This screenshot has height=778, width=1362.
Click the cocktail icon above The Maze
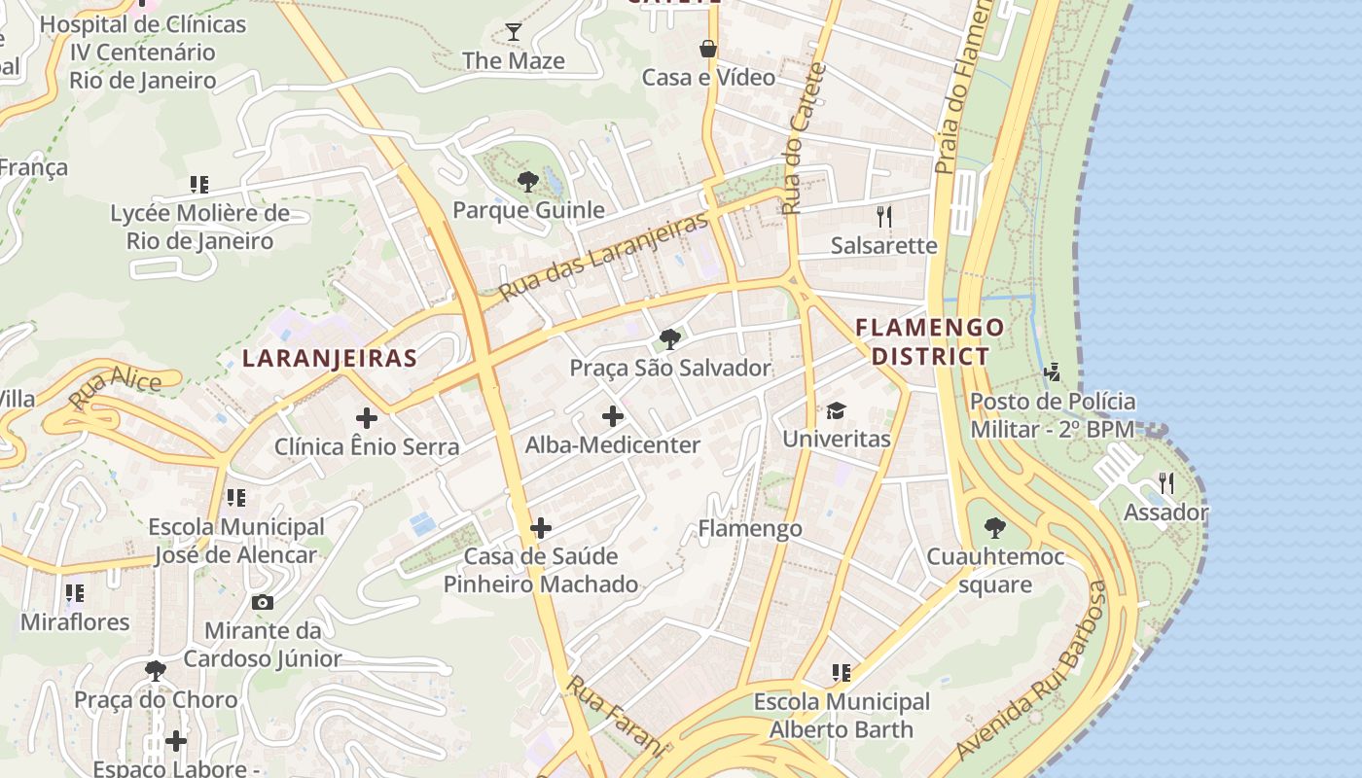[514, 32]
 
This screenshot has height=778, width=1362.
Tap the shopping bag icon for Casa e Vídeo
[708, 49]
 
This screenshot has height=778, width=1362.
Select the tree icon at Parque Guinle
[528, 181]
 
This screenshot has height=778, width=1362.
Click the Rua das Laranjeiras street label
[603, 257]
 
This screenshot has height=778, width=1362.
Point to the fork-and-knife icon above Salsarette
[883, 216]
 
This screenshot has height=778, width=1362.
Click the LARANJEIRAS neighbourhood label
[330, 358]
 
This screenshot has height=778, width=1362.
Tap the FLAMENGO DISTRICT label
[929, 341]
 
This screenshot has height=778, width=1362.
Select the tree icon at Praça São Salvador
[669, 339]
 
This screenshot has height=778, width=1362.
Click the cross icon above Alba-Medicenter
[612, 416]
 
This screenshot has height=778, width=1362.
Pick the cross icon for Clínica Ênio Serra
[366, 418]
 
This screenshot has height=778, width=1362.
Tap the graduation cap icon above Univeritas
[837, 410]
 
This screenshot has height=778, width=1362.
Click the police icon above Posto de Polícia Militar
[1052, 371]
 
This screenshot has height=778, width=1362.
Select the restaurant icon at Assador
[1165, 483]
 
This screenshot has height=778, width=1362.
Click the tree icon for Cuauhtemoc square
[994, 528]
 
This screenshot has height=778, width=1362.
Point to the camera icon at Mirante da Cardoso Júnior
[262, 603]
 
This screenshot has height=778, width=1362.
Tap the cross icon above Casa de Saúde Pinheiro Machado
[541, 528]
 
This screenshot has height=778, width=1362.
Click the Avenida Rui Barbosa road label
[1034, 671]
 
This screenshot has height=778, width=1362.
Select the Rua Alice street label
[115, 387]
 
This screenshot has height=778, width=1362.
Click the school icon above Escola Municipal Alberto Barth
[842, 672]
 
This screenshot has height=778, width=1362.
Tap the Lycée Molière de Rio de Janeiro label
[200, 227]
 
